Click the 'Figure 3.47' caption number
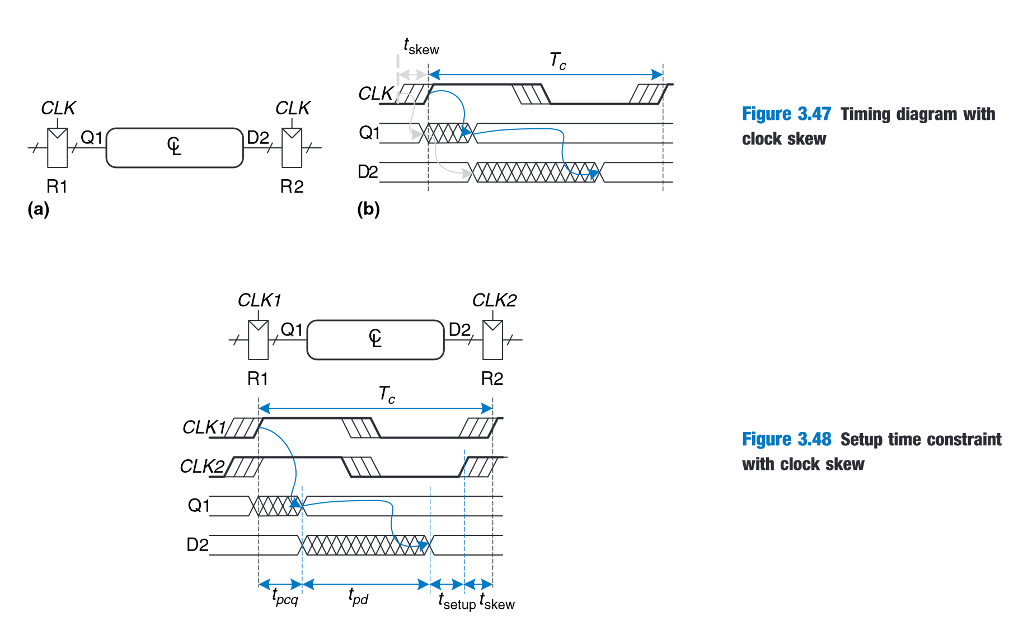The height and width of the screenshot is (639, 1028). [786, 114]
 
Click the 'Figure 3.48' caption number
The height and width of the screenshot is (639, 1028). [786, 440]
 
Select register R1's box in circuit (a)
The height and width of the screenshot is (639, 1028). [58, 148]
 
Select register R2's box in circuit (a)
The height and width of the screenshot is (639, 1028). [292, 148]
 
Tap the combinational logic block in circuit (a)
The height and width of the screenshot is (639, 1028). [175, 148]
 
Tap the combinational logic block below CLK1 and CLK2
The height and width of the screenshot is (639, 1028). [375, 339]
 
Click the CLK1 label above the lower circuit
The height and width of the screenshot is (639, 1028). [259, 301]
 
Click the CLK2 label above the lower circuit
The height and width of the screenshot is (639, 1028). [494, 301]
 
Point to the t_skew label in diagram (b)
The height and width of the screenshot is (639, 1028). [421, 46]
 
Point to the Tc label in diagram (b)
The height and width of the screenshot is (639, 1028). [557, 60]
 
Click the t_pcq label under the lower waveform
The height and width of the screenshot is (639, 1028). [285, 597]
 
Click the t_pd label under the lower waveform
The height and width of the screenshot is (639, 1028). [358, 597]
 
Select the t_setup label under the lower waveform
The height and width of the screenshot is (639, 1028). [457, 601]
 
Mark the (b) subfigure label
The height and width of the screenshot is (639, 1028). [368, 209]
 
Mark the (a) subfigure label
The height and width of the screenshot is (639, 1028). [39, 209]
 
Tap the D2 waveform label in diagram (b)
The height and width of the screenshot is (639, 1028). [368, 172]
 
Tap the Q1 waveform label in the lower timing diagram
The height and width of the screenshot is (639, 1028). [199, 506]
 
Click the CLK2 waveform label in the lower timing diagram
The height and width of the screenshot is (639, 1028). [202, 467]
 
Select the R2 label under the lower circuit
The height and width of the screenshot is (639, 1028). [492, 379]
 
